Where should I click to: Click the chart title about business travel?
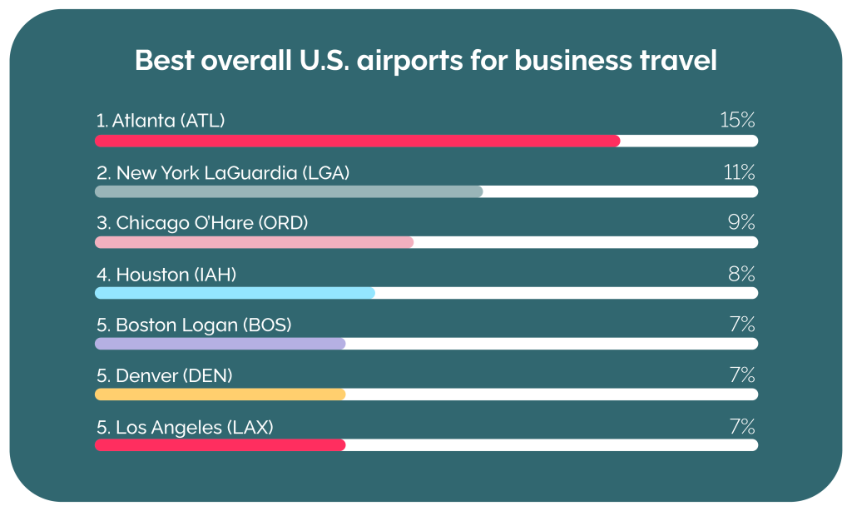point(425,62)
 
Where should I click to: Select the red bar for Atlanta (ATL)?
point(357,141)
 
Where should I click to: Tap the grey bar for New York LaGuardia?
point(289,191)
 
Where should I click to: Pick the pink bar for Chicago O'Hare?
point(254,242)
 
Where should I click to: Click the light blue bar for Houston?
point(235,293)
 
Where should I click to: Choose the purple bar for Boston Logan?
point(220,344)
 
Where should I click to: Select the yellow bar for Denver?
point(220,394)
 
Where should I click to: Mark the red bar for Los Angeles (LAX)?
point(220,445)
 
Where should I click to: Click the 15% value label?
point(737,121)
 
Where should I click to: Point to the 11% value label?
point(739,172)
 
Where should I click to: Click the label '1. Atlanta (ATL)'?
point(161,122)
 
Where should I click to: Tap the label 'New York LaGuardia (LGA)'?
point(233,173)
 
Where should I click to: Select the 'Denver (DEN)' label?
point(174,376)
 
